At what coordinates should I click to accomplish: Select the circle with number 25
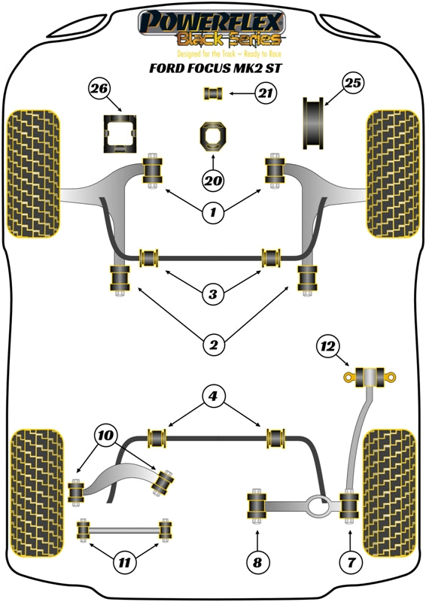click(x=354, y=84)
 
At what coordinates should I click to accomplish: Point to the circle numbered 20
click(x=213, y=179)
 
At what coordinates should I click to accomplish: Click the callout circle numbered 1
click(x=213, y=213)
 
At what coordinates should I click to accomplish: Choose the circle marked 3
click(x=213, y=293)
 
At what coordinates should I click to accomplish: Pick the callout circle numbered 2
click(x=213, y=345)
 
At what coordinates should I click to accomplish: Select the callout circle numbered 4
click(x=213, y=395)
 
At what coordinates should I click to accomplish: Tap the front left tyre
click(x=33, y=173)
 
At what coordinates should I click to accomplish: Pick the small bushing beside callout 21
click(x=213, y=94)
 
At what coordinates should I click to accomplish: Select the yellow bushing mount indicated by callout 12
click(x=370, y=375)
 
